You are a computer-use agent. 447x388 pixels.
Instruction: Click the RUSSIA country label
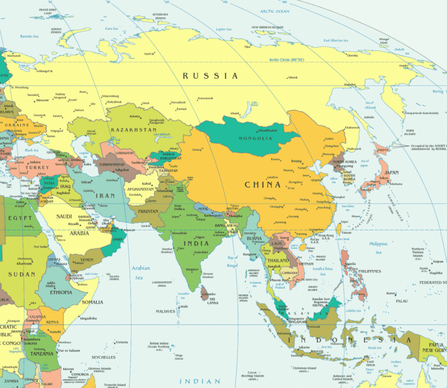[x=210, y=76]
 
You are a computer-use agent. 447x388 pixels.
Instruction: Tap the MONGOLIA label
[x=255, y=138]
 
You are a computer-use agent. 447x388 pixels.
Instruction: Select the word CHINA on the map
[x=262, y=184]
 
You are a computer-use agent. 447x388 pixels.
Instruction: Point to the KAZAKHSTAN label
[x=133, y=130]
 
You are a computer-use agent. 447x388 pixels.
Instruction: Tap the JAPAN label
[x=392, y=172]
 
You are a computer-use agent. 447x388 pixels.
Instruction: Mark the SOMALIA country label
[x=92, y=302]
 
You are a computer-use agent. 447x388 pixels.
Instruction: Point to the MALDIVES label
[x=166, y=311]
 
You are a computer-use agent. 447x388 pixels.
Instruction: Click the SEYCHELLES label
[x=104, y=357]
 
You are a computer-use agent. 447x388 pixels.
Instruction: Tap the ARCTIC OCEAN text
[x=275, y=11]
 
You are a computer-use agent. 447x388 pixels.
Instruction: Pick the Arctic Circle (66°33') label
[x=287, y=59]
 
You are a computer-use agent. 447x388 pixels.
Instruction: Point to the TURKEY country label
[x=37, y=168]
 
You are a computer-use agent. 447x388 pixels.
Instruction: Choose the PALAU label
[x=401, y=301]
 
